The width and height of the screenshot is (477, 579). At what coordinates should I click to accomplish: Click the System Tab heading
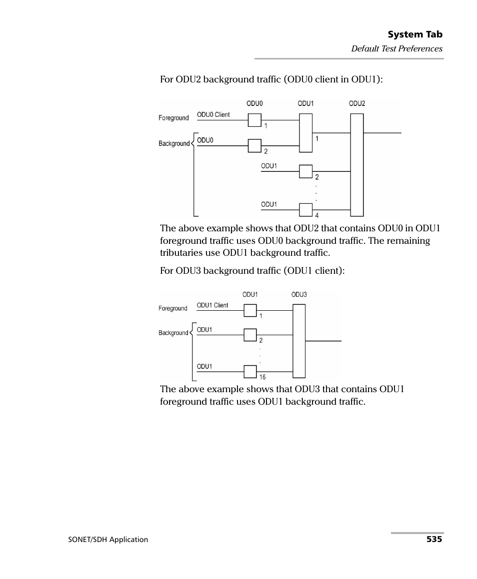[415, 34]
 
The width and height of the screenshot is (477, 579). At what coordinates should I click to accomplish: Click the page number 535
[434, 540]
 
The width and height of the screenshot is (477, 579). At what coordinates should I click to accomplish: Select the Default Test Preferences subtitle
[396, 48]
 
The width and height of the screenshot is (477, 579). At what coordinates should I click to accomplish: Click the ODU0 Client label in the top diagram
[213, 115]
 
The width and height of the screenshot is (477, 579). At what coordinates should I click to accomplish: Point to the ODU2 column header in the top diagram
[356, 104]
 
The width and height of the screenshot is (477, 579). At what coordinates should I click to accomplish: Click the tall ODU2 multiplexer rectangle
[356, 165]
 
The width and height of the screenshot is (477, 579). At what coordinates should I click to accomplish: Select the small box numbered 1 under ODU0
[254, 120]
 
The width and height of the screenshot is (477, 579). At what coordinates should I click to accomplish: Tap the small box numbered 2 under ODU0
[254, 146]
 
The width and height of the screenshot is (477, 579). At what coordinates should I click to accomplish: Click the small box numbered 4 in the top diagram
[305, 210]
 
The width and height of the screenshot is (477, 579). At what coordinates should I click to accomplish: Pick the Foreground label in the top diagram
[173, 118]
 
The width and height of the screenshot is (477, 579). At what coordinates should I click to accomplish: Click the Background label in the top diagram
[174, 144]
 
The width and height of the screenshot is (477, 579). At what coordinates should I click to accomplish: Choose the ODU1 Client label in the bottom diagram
[212, 306]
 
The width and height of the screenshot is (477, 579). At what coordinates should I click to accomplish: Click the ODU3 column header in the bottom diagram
[299, 295]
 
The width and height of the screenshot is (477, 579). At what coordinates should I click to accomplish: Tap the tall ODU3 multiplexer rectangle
[298, 341]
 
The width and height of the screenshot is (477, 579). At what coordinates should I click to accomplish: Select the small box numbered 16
[250, 372]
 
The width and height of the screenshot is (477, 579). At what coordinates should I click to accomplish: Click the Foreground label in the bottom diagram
[173, 309]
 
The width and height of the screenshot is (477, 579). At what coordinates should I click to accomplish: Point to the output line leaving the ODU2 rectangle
[382, 133]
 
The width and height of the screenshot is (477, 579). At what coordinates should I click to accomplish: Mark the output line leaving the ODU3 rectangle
[323, 341]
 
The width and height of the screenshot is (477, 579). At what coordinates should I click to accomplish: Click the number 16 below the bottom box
[262, 378]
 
